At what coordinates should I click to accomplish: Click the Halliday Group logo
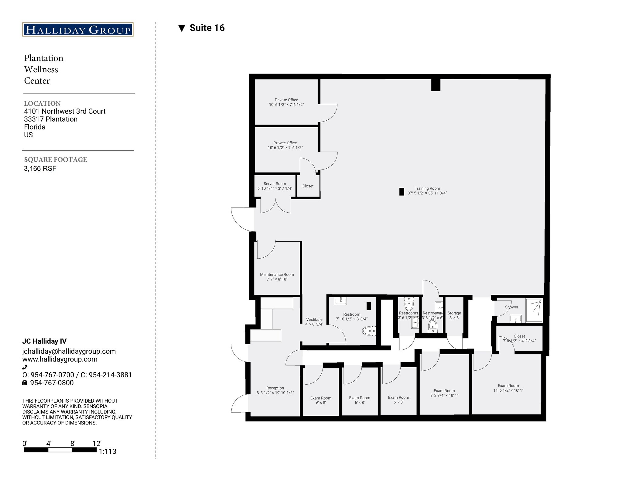click(78, 29)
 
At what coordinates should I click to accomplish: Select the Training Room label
click(427, 191)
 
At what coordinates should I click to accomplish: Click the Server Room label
click(275, 186)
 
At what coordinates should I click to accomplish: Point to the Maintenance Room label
click(277, 277)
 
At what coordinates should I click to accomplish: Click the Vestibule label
click(314, 321)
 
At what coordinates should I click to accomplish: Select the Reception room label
click(275, 390)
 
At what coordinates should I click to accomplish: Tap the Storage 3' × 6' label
click(454, 315)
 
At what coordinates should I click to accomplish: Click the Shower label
click(511, 307)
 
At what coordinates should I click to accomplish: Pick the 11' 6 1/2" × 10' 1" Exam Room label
click(508, 388)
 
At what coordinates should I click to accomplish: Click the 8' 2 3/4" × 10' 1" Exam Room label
click(444, 393)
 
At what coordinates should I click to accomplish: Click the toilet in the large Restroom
click(369, 331)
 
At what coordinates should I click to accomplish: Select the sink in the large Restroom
click(340, 301)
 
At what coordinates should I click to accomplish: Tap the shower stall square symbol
click(534, 310)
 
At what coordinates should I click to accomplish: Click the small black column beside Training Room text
click(402, 191)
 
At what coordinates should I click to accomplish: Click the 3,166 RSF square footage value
click(40, 169)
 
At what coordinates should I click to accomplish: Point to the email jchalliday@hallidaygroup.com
click(69, 351)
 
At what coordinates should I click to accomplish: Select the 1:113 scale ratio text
click(108, 452)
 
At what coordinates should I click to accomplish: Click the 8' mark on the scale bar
click(73, 444)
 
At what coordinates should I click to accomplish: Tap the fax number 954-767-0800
click(52, 383)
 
